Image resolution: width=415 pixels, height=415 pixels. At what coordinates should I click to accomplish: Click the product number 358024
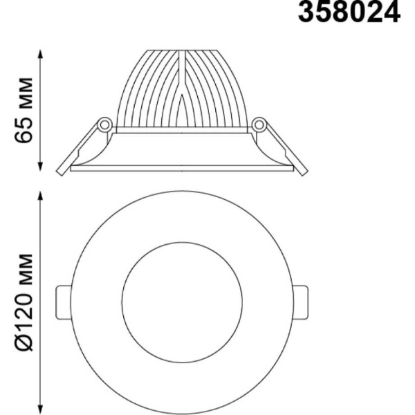(349, 12)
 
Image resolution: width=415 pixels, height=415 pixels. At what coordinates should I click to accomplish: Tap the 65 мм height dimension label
(24, 111)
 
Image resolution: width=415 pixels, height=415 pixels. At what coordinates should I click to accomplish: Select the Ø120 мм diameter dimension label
(24, 302)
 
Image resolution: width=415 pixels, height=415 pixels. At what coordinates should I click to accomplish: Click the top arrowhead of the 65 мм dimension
(40, 54)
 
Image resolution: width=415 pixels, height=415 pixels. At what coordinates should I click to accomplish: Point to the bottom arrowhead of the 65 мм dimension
(40, 166)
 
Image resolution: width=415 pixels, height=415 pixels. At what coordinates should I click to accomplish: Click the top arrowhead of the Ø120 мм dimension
(40, 196)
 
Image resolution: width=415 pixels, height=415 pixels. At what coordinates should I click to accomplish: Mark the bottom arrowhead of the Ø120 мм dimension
(40, 409)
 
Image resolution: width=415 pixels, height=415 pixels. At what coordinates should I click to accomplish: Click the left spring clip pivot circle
(104, 124)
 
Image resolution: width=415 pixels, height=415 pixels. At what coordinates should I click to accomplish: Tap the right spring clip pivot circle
(259, 124)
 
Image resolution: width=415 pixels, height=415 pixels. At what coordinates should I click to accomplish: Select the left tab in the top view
(64, 302)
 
